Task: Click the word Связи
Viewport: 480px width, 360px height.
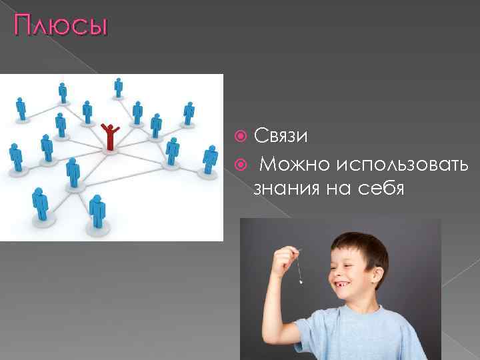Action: [280, 136]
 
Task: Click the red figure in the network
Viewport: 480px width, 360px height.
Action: [109, 137]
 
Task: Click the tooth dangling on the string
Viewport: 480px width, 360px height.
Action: [301, 282]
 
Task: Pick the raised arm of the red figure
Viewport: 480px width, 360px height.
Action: [116, 127]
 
